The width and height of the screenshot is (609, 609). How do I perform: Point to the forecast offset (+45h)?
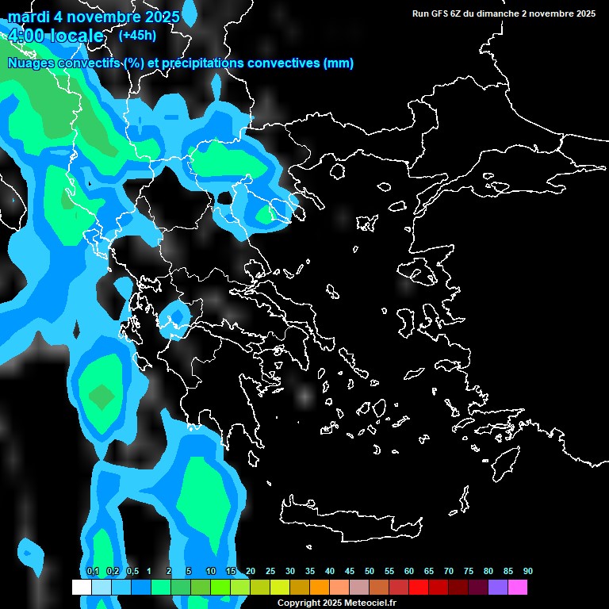pos(137,35)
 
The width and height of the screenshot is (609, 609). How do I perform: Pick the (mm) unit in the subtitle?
pos(339,63)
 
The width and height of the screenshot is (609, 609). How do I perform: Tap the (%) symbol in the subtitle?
pos(132,63)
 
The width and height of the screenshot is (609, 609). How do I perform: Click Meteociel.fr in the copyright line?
pos(370,603)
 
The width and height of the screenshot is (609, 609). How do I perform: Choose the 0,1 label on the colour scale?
pos(93,572)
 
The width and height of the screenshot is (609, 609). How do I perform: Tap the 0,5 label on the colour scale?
pos(132,572)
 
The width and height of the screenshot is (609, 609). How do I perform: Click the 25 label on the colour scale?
pos(270,572)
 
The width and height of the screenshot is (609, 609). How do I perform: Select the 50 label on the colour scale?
pos(370,572)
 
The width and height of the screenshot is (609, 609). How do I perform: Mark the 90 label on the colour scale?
pos(528,572)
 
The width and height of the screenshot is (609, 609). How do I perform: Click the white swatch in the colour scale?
pos(81,587)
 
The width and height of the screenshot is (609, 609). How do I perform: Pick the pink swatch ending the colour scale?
pos(518,587)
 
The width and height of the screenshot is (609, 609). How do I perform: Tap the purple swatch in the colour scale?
pos(498,587)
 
